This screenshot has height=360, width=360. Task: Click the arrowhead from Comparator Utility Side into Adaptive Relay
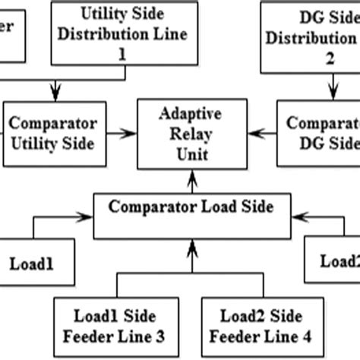point(130,134)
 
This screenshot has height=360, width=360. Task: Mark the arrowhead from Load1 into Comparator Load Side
point(87,219)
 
